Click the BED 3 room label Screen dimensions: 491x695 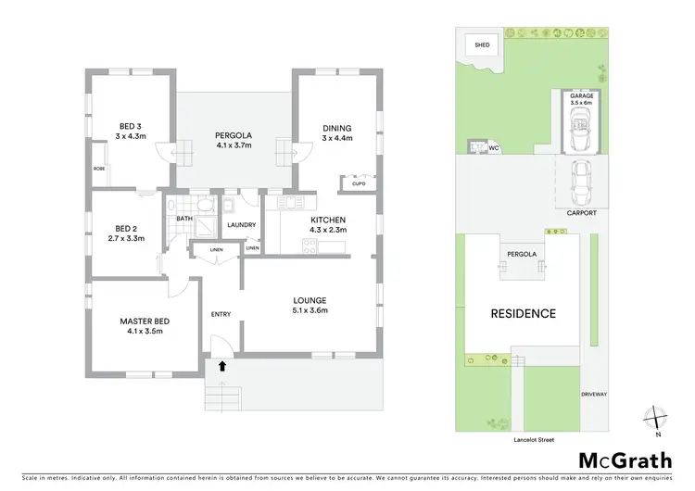[131, 127]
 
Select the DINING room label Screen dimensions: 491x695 [337, 128]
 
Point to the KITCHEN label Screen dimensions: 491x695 [328, 220]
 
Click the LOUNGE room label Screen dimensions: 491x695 [310, 299]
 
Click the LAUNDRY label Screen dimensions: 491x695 [241, 224]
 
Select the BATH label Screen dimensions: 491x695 [183, 219]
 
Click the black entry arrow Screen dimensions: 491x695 [221, 366]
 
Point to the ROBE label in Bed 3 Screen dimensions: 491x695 [98, 169]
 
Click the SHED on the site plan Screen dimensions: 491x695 [482, 44]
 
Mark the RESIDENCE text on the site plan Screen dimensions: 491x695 [524, 313]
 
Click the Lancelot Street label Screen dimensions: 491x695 [533, 439]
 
